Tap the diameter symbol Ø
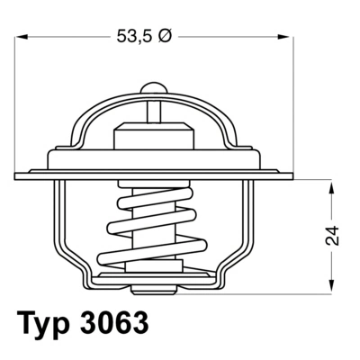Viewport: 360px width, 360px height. click(x=165, y=38)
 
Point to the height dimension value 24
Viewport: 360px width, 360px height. click(x=333, y=235)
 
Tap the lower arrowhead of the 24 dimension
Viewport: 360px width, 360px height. click(x=333, y=286)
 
